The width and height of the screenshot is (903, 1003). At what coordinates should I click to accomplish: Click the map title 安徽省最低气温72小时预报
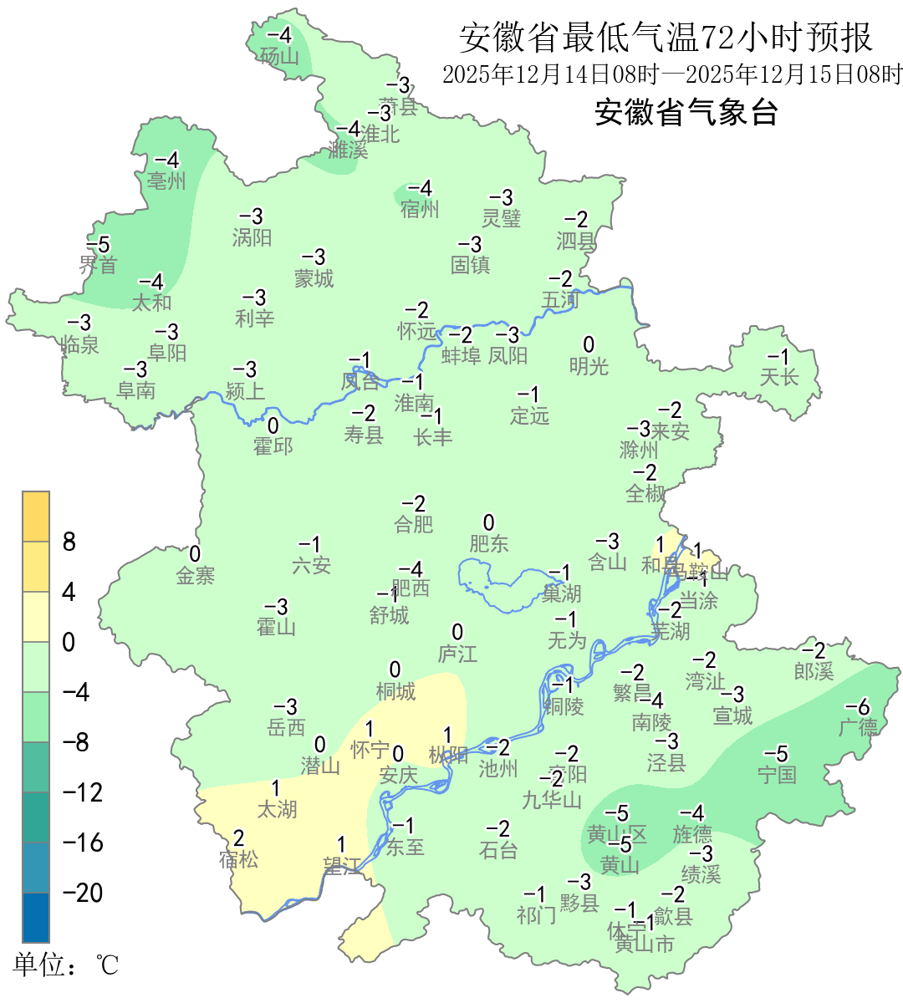[x=666, y=38]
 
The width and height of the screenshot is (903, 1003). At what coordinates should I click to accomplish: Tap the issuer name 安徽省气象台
[x=686, y=112]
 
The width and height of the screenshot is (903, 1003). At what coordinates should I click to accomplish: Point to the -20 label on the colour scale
[x=83, y=893]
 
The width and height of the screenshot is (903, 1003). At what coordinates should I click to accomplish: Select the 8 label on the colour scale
[x=69, y=542]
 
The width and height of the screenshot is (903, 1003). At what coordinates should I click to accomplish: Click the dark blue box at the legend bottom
[x=36, y=917]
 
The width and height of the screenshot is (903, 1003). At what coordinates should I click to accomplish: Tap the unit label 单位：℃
[x=66, y=965]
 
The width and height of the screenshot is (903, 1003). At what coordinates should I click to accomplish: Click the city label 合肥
[x=414, y=524]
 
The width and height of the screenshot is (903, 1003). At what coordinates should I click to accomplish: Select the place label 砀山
[x=279, y=56]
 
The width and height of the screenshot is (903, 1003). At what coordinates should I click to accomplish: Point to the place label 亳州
[x=166, y=181]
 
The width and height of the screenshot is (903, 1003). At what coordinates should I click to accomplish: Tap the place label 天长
[x=779, y=377]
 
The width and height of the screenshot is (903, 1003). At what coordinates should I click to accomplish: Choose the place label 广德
[x=859, y=727]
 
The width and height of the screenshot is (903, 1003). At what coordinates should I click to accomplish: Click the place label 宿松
[x=238, y=858]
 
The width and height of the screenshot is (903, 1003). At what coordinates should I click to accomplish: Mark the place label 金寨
[x=195, y=575]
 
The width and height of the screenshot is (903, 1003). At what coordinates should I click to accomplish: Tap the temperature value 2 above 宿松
[x=238, y=838]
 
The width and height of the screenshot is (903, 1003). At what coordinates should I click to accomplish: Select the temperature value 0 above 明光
[x=589, y=345]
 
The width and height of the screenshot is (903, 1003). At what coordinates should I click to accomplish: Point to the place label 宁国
[x=777, y=775]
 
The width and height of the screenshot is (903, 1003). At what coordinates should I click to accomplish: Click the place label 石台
[x=498, y=850]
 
